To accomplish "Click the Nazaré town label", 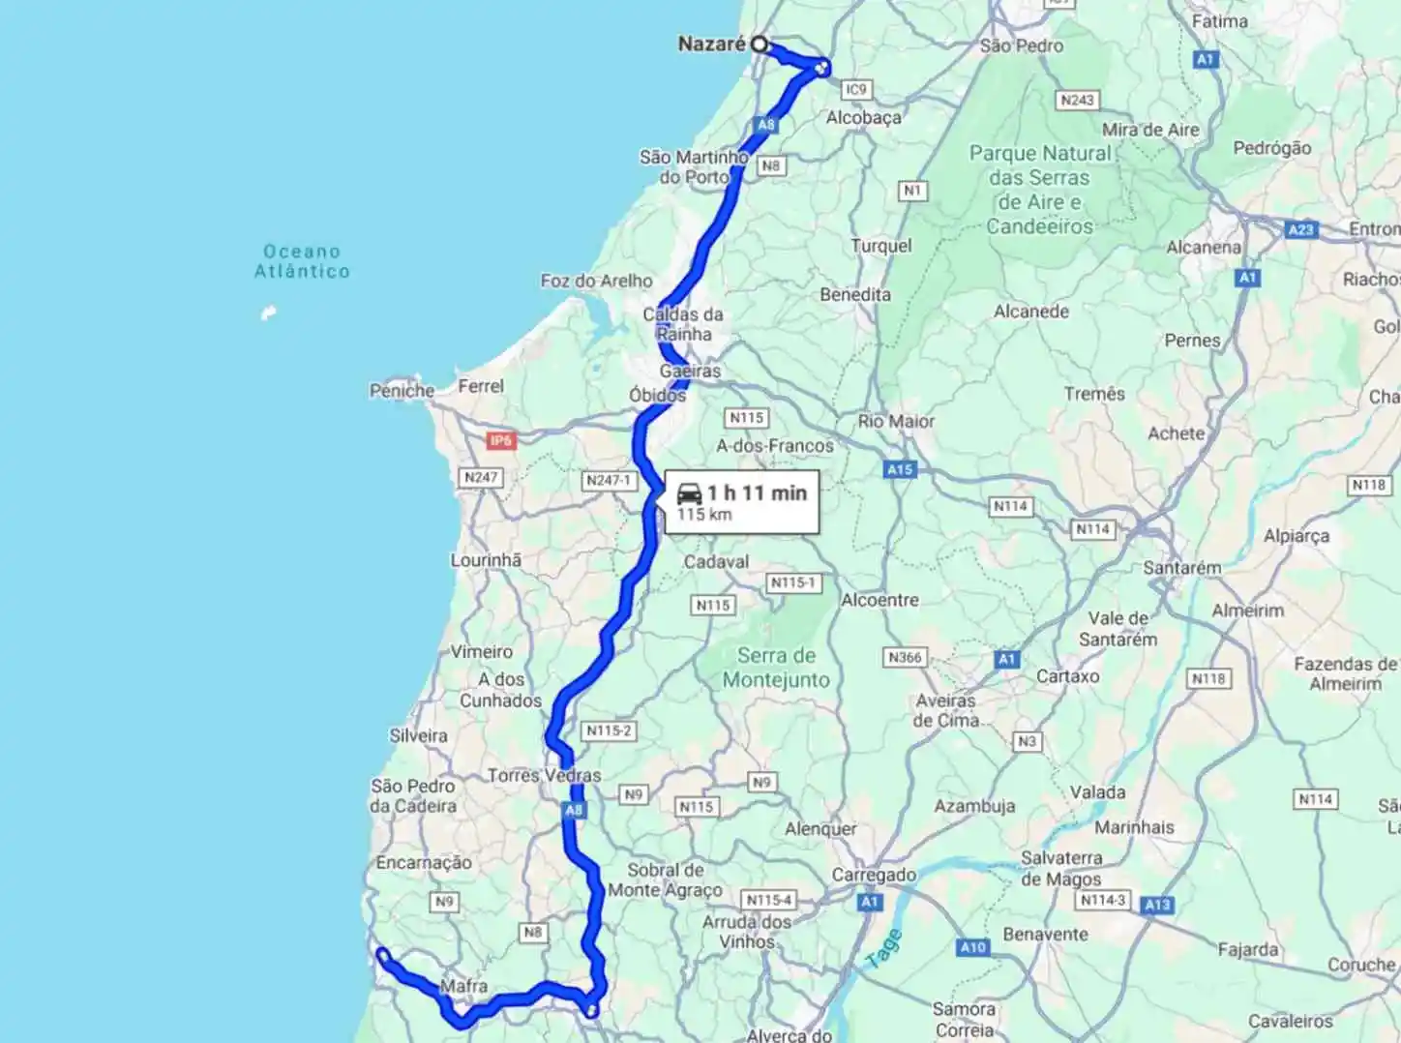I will click(711, 44).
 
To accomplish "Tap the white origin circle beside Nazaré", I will click(760, 44).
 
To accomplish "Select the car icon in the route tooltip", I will click(689, 492).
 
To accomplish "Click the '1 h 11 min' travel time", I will click(757, 492).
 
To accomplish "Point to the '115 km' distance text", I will click(704, 515).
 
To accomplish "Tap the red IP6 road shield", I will click(500, 441).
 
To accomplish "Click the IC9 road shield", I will click(856, 90).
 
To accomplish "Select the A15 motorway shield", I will click(900, 469).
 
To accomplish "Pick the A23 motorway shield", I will click(1301, 229).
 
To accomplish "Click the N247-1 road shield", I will click(609, 480).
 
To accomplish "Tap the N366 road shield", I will click(905, 658).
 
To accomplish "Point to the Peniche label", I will click(402, 391).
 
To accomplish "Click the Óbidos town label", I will click(657, 395).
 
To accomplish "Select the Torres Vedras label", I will click(544, 775).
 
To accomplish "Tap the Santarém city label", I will click(1181, 568).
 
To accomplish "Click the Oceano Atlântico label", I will click(302, 261).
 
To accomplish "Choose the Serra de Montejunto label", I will click(776, 668).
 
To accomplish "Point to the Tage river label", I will click(884, 948).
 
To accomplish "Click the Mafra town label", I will click(463, 986).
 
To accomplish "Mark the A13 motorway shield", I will click(1157, 905).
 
